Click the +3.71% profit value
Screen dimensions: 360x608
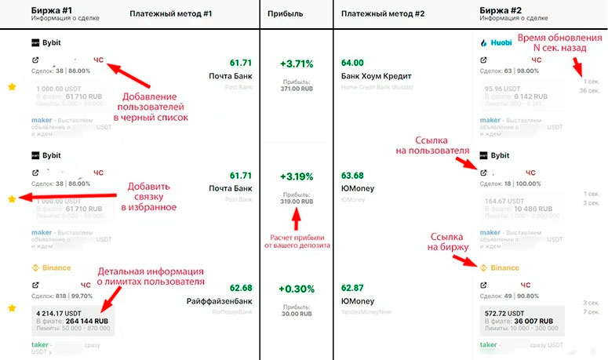(297, 63)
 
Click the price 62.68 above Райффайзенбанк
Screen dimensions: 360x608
(241, 288)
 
